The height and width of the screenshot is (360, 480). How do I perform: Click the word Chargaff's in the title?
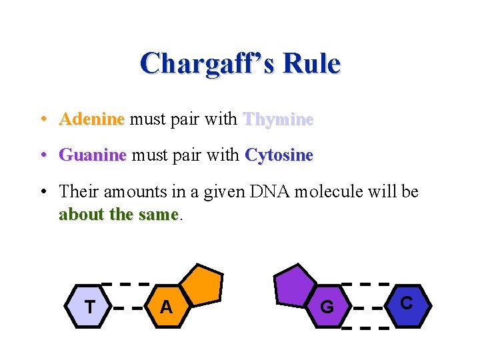click(x=207, y=63)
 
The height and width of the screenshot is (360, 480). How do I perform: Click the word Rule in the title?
click(x=312, y=63)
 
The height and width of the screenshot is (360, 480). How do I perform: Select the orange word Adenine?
click(x=91, y=119)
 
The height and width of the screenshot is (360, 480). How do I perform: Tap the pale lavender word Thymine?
click(x=278, y=119)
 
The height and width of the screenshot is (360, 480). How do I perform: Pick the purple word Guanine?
click(x=93, y=155)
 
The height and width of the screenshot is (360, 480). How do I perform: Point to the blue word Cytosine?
click(x=279, y=155)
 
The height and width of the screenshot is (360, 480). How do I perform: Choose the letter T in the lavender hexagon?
click(x=89, y=307)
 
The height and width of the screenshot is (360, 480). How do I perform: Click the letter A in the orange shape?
click(x=166, y=307)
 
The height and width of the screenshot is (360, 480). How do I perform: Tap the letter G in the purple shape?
click(x=327, y=307)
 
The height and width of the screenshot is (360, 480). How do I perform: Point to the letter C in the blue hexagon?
click(x=406, y=303)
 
